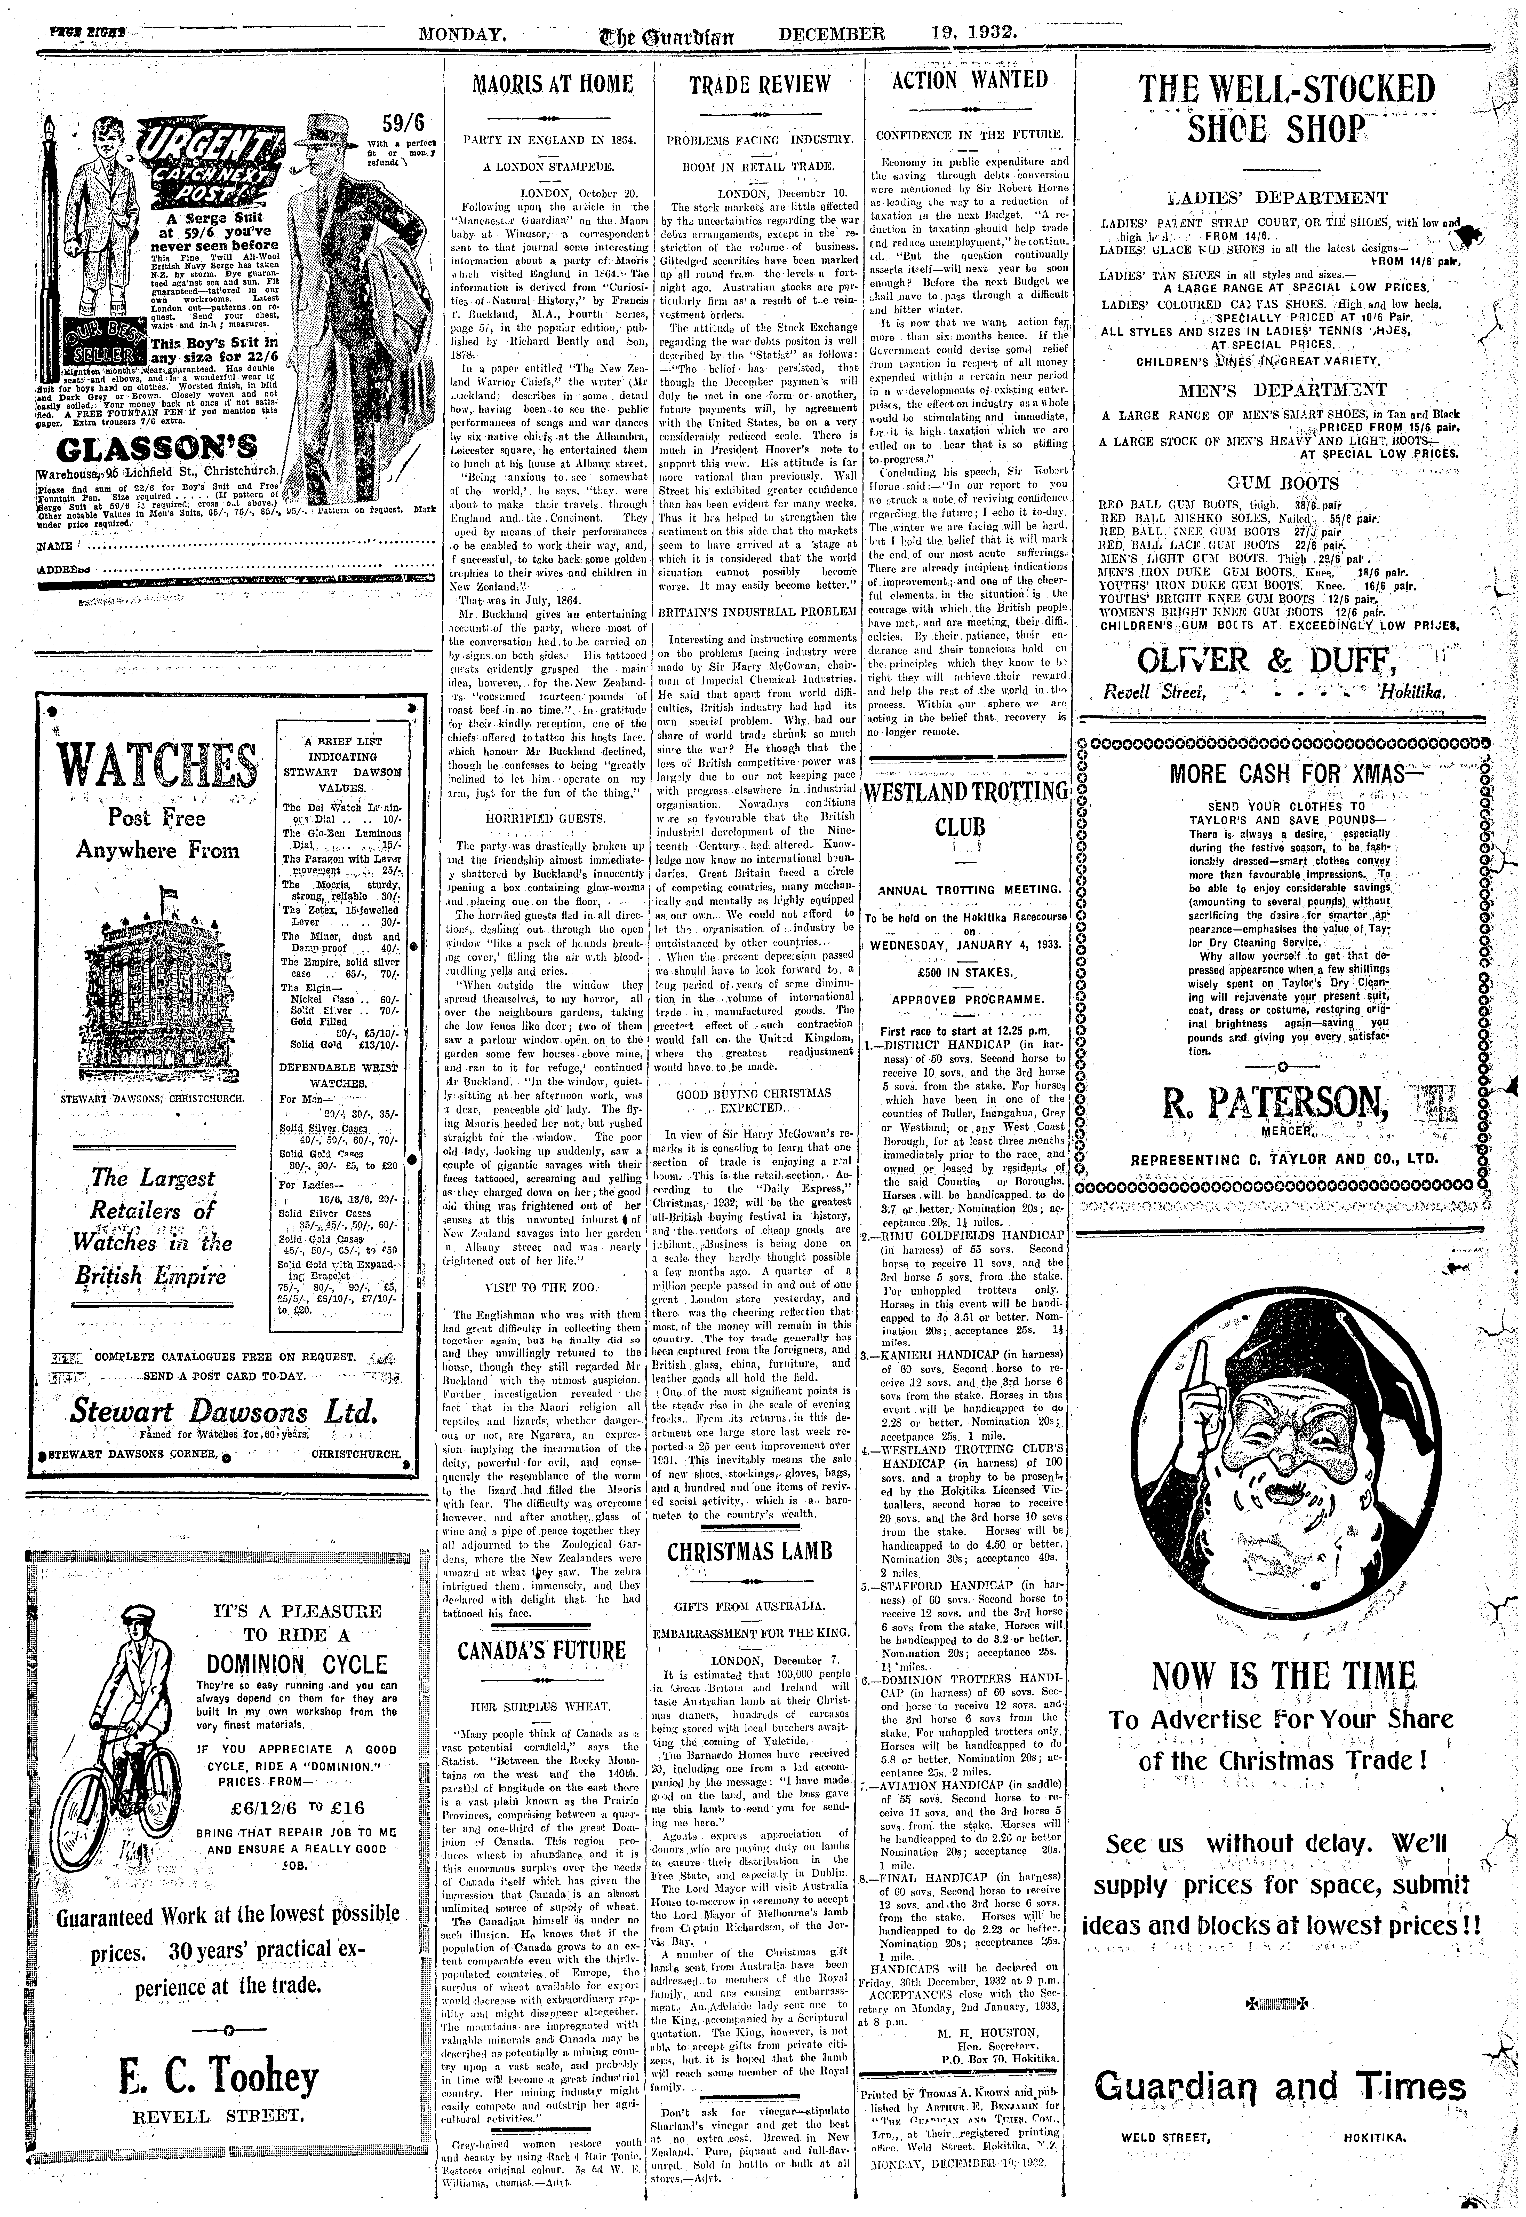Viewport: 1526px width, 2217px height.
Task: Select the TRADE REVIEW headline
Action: coord(760,84)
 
